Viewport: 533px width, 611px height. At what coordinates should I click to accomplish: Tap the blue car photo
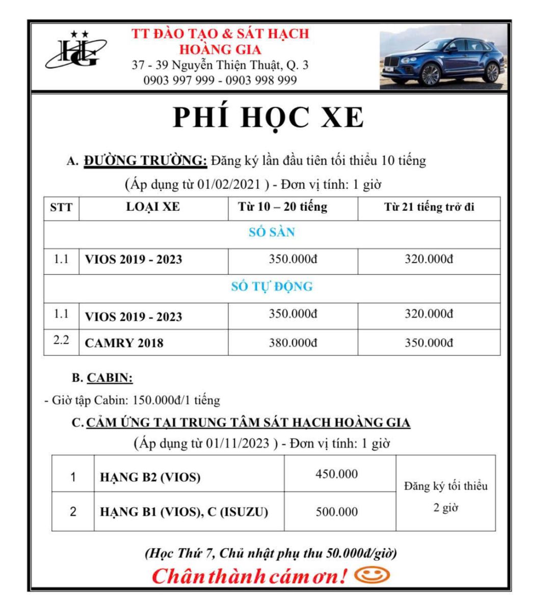click(444, 57)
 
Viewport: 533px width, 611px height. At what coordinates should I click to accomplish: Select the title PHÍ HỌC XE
click(269, 118)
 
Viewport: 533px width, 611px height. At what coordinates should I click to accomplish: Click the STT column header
click(61, 208)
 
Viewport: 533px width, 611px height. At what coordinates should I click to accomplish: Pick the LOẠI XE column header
click(153, 207)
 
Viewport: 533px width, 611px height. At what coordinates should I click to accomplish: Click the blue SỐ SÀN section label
click(272, 233)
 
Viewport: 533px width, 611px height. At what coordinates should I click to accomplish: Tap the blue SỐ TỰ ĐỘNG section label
click(272, 287)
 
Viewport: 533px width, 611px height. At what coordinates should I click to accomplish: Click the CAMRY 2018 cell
click(124, 343)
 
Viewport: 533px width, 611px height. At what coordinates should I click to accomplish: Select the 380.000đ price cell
click(293, 343)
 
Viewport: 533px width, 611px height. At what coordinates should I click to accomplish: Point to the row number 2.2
click(61, 340)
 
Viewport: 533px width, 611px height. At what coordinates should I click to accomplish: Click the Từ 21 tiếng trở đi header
click(429, 207)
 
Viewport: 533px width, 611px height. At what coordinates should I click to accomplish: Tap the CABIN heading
click(110, 378)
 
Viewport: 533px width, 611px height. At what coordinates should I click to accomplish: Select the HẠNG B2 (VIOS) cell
click(150, 477)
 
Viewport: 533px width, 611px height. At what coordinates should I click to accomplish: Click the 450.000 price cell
click(337, 474)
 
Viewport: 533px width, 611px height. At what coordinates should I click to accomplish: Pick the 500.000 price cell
click(337, 512)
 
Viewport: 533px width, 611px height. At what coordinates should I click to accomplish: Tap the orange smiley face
click(372, 575)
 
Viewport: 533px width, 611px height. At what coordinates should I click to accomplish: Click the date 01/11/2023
click(237, 443)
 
